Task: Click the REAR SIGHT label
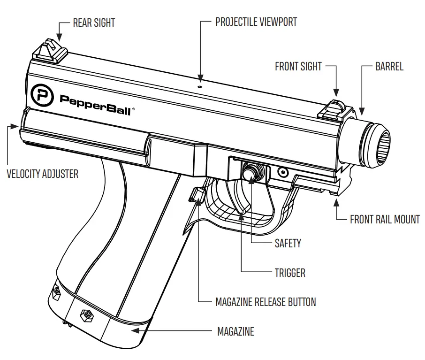coord(94,23)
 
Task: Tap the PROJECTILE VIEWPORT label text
coord(256,22)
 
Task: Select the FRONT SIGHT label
coord(298,67)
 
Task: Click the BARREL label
coord(389,67)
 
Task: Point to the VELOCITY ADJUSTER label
coord(42,174)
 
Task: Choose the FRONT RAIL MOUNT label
coord(385,219)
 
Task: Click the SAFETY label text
coord(288,243)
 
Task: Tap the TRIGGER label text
coord(290,272)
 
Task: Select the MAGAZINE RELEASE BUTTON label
coord(266,302)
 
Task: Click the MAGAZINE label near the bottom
coord(235,331)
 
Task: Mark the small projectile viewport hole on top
coord(200,86)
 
